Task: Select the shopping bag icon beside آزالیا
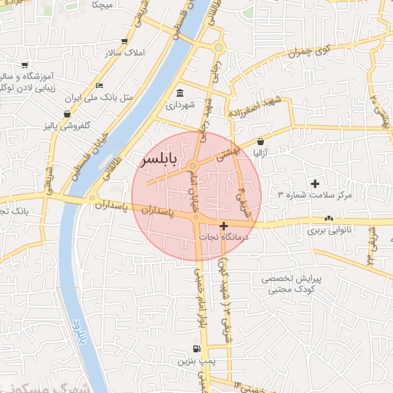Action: [x=262, y=141]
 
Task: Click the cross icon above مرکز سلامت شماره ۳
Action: [x=315, y=183]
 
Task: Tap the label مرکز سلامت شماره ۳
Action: [x=314, y=195]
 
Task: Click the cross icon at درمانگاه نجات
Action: [x=223, y=226]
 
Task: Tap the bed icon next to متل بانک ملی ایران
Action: [x=99, y=85]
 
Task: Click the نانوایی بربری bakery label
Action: [x=329, y=230]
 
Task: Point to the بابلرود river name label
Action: [x=77, y=328]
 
